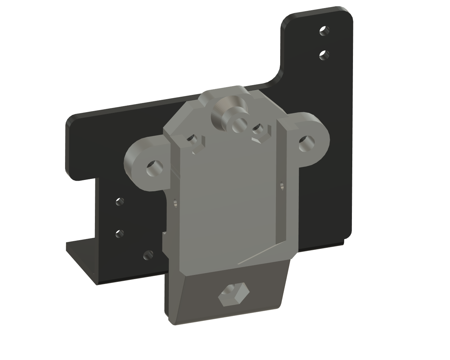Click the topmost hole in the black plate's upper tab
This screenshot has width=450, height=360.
tap(324, 31)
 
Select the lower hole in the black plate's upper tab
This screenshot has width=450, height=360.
tap(324, 54)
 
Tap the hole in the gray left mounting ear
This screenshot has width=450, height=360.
tap(154, 168)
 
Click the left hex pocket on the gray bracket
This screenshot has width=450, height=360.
tap(193, 141)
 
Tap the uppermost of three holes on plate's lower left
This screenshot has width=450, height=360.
tap(120, 202)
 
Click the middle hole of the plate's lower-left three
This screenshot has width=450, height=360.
tap(120, 233)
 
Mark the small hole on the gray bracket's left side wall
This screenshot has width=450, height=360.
tap(174, 203)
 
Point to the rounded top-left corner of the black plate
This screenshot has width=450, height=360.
tap(72, 120)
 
